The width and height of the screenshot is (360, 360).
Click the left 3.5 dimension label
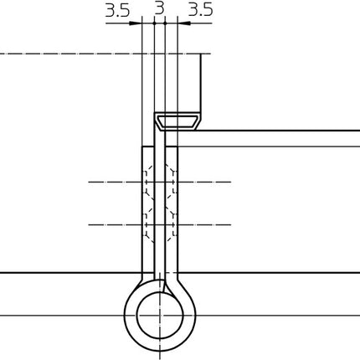click(x=117, y=10)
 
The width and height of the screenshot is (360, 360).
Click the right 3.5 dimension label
click(x=200, y=10)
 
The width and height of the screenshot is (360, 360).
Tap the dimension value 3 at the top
click(x=159, y=10)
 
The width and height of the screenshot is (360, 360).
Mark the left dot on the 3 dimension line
click(x=153, y=23)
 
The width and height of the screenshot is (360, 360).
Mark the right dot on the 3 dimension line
click(x=165, y=23)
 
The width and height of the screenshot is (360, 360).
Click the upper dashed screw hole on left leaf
click(x=148, y=182)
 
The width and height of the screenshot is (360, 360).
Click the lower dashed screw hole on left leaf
click(x=148, y=224)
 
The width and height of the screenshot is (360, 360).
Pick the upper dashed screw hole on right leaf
click(x=172, y=182)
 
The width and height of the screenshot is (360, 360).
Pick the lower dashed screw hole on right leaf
click(x=172, y=224)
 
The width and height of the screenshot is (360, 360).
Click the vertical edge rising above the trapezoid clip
click(x=202, y=84)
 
